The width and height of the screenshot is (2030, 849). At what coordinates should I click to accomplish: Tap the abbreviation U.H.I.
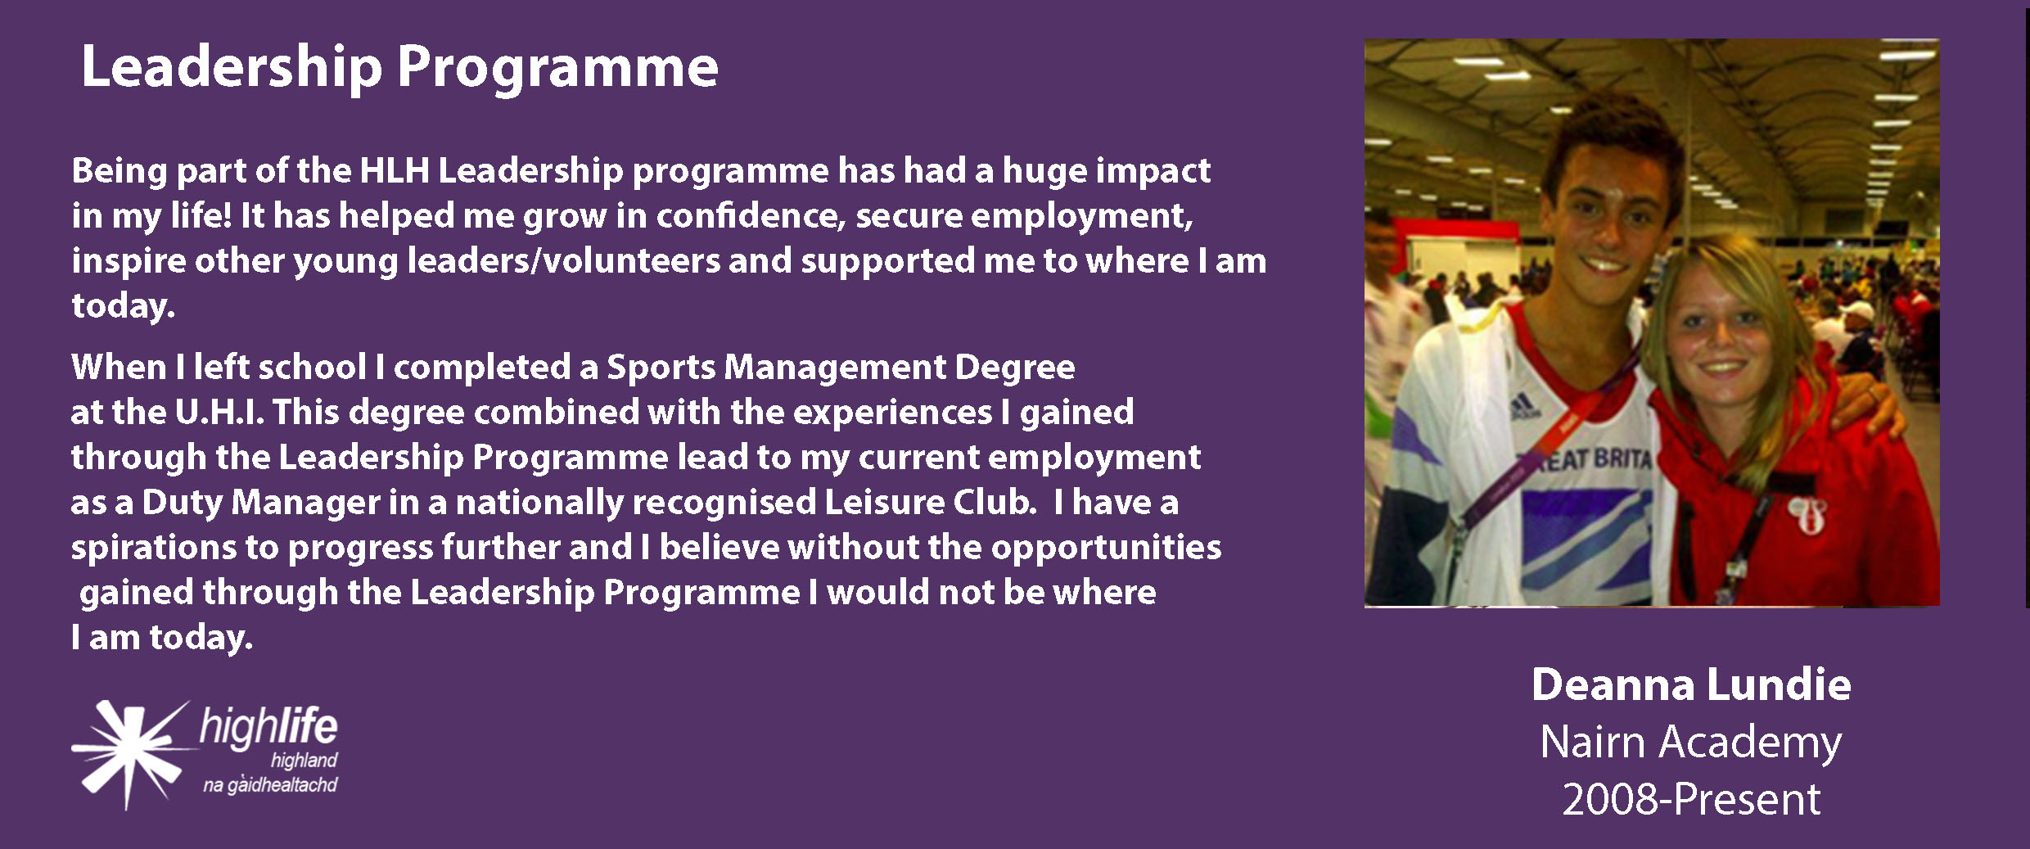[x=219, y=412]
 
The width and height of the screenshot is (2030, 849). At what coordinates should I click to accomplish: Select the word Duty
[x=183, y=503]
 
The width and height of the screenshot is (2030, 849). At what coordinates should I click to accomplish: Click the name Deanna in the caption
[x=1613, y=684]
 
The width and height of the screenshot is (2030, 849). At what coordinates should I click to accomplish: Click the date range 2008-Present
[x=1691, y=799]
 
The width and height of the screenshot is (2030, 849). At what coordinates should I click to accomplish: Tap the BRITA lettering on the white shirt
[x=1622, y=458]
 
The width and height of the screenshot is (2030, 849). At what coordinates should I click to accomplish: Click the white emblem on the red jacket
[x=1806, y=514]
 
